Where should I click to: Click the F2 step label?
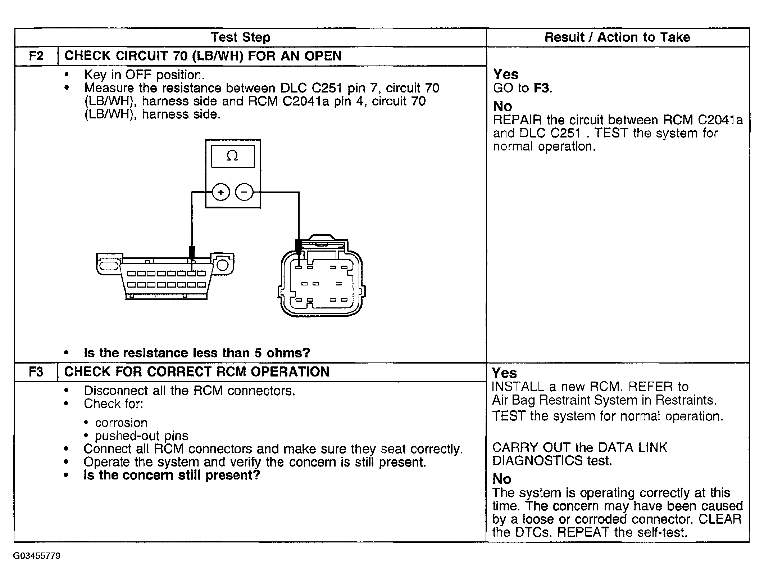[36, 56]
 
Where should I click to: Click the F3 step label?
[36, 372]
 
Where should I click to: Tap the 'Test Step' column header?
[240, 37]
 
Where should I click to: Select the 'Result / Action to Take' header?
[617, 37]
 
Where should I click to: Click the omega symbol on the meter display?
[232, 156]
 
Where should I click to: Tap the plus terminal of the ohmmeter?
[221, 192]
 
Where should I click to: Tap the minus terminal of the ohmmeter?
[244, 192]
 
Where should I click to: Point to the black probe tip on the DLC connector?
[192, 252]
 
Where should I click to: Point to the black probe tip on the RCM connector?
[298, 246]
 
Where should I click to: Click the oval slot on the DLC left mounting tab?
[108, 266]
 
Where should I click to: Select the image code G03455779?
[37, 556]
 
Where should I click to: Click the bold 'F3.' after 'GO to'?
[543, 88]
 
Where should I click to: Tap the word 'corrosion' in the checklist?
[121, 423]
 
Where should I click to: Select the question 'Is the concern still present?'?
[172, 475]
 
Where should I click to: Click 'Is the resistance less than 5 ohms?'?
[197, 353]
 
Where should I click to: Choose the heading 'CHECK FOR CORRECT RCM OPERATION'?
[197, 372]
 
